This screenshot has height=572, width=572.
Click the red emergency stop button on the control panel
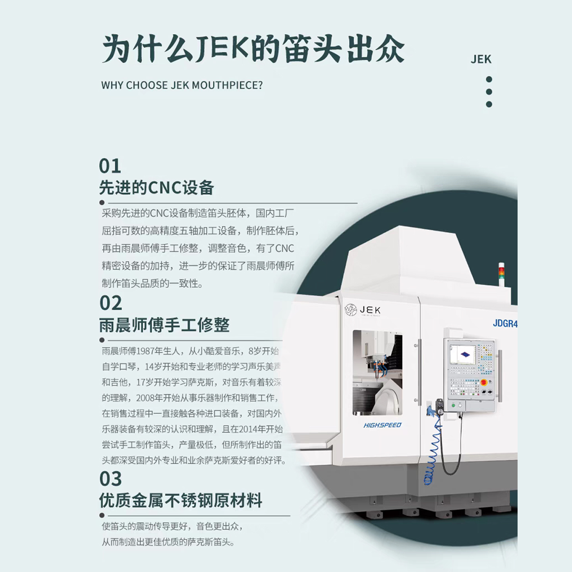(x=483, y=383)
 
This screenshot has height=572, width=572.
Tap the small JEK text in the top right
(x=481, y=59)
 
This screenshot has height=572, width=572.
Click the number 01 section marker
(x=110, y=166)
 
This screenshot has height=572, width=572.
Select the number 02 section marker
(x=111, y=303)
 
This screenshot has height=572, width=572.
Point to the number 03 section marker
(x=111, y=479)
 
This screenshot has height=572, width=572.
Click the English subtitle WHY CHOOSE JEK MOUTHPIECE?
(x=182, y=85)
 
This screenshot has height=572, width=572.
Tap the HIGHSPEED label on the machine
(x=382, y=425)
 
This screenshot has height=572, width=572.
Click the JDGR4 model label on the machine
(x=505, y=323)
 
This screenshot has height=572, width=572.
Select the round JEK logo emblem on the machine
(x=351, y=310)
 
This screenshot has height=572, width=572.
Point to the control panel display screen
(x=463, y=354)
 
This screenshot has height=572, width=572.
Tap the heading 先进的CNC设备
(x=157, y=187)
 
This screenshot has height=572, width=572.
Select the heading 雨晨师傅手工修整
(x=164, y=325)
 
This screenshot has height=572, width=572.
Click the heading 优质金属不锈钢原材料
(x=180, y=501)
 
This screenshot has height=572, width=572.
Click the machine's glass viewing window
(x=378, y=373)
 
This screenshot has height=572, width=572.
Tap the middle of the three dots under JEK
(x=489, y=92)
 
